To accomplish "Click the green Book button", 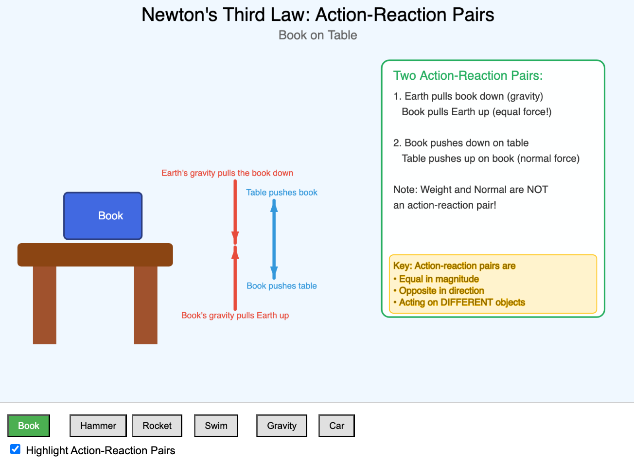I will tap(29, 426).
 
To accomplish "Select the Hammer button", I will tap(98, 426).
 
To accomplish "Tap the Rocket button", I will tap(157, 426).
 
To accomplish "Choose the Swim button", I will tap(216, 426).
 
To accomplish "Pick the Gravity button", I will tap(282, 426).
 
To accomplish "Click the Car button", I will tap(336, 426).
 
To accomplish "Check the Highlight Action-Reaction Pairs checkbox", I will tap(16, 449).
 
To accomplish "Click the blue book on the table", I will tap(103, 216).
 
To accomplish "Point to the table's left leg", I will tap(45, 305).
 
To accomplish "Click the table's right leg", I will tap(145, 305).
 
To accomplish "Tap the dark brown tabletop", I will tap(95, 255).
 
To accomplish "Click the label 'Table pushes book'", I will tap(282, 193).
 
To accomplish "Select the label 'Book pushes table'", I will tap(282, 286).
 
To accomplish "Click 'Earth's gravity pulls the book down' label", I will tap(227, 173).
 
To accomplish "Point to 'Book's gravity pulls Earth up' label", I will tap(235, 316).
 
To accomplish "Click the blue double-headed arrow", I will tap(274, 239).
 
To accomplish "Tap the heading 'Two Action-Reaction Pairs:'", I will tap(468, 76).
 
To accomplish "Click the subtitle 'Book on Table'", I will tap(317, 35).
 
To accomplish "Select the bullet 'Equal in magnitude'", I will tap(439, 279).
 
